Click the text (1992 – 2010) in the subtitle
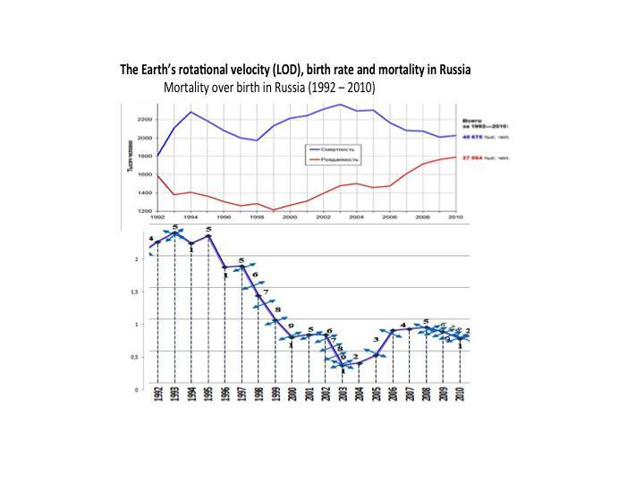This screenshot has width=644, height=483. click(x=338, y=89)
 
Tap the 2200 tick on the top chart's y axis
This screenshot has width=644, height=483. click(x=145, y=119)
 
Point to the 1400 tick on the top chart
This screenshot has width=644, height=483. click(x=145, y=192)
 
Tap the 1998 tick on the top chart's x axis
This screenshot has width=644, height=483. click(x=257, y=216)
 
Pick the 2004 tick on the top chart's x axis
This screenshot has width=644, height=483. click(x=356, y=216)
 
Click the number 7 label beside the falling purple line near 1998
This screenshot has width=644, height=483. click(x=266, y=292)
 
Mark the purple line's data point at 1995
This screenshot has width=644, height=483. click(x=208, y=236)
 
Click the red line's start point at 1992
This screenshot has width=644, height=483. click(x=157, y=174)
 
